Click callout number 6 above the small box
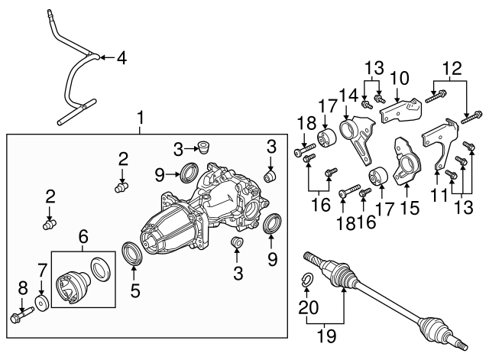coord(83,238)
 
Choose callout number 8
coord(21,288)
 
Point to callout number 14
coord(348,94)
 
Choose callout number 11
coord(437,196)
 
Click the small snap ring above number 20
coord(308,279)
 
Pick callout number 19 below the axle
coord(325,336)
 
